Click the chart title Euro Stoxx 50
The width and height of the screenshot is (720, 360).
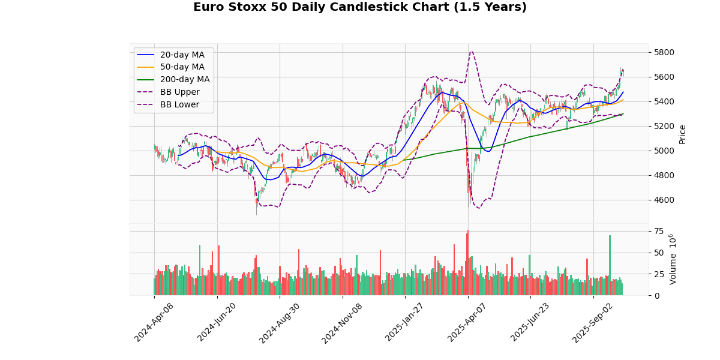tap(360, 7)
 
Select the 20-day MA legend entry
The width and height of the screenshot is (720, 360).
tap(182, 55)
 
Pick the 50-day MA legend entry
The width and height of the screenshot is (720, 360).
tap(182, 67)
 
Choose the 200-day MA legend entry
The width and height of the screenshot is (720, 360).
tap(184, 80)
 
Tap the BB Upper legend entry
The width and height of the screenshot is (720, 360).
tap(179, 92)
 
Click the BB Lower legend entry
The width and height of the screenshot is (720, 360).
tap(179, 105)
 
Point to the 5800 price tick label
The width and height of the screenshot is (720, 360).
tap(664, 52)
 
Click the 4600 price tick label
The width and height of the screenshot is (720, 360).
tap(664, 200)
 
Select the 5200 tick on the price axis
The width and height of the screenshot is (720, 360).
tap(664, 126)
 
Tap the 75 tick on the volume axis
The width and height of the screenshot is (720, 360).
tap(658, 231)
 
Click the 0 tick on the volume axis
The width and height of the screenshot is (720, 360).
tap(656, 296)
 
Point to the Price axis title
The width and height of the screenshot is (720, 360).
tap(682, 134)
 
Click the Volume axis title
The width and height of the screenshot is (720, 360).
tap(672, 259)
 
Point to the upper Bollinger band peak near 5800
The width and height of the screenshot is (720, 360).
tap(472, 52)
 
